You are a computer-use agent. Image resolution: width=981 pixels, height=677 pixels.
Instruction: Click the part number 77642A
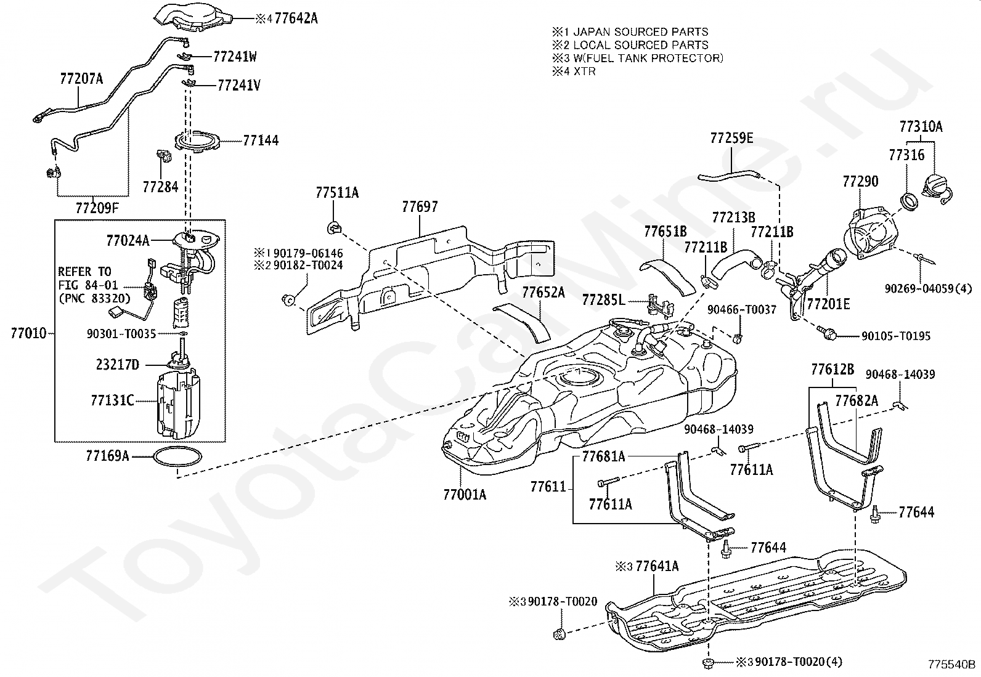click(296, 18)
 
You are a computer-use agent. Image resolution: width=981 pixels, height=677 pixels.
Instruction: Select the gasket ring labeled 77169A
click(178, 456)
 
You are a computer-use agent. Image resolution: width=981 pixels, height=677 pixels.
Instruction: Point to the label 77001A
click(465, 495)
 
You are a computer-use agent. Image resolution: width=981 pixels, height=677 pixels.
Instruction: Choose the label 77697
click(420, 207)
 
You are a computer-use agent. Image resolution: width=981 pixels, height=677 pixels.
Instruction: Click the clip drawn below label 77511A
click(335, 227)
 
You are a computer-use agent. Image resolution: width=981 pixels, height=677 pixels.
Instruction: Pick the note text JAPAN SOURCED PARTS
click(640, 32)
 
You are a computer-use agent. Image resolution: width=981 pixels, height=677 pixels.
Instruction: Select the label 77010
click(28, 333)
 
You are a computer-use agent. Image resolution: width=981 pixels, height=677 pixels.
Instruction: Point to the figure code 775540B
click(951, 664)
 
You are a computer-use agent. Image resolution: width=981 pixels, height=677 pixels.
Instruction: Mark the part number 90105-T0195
click(895, 336)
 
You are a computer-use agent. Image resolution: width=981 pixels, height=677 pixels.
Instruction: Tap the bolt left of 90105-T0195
click(826, 333)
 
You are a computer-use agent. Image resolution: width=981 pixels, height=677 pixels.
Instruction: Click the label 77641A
click(657, 566)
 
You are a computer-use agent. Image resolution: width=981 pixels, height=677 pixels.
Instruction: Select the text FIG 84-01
click(88, 285)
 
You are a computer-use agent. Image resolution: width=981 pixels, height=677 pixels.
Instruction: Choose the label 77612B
click(832, 370)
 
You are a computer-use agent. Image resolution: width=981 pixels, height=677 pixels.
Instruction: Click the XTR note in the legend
click(584, 71)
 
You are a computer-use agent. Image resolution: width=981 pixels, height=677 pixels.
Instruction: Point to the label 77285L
click(603, 300)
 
